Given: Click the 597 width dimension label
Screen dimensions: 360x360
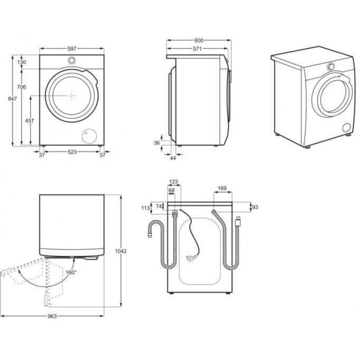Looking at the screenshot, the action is click(x=72, y=49).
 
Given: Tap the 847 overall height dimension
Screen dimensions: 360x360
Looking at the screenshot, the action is click(x=13, y=99).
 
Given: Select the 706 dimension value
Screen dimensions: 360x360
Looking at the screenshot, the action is click(x=21, y=87).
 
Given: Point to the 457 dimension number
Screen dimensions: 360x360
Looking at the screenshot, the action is click(x=29, y=121).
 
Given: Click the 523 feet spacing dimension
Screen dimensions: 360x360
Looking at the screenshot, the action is click(x=72, y=152).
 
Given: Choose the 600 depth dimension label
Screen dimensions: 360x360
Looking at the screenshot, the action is click(x=199, y=40).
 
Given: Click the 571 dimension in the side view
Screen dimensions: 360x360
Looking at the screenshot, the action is click(x=197, y=49).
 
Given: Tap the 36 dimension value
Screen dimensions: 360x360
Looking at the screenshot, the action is click(x=157, y=143).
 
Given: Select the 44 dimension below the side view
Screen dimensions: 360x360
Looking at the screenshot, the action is click(x=173, y=158).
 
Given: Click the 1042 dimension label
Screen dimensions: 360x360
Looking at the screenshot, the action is click(x=121, y=251).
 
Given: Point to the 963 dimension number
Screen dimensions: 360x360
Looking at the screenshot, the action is click(x=52, y=316).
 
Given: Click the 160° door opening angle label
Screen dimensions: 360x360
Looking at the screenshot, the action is click(x=71, y=273).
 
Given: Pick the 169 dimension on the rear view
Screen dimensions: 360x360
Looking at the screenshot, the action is click(x=222, y=188).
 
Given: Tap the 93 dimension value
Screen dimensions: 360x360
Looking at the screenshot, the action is click(x=255, y=207).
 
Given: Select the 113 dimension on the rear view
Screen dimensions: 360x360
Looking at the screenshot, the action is click(x=145, y=208).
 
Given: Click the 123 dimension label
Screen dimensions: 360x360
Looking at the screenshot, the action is click(x=173, y=182).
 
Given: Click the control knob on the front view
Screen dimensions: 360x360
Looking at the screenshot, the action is click(x=72, y=60).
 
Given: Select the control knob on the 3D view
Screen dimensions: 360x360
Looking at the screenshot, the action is click(x=331, y=66).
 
